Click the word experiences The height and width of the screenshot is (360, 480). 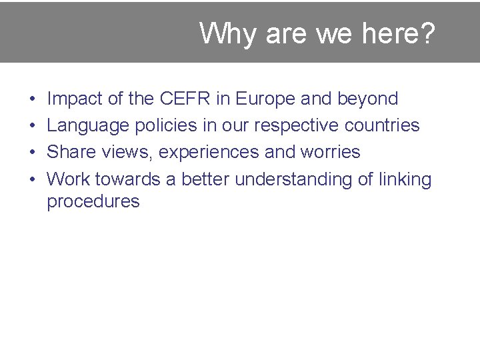click(209, 153)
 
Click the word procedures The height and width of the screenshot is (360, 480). click(93, 202)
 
